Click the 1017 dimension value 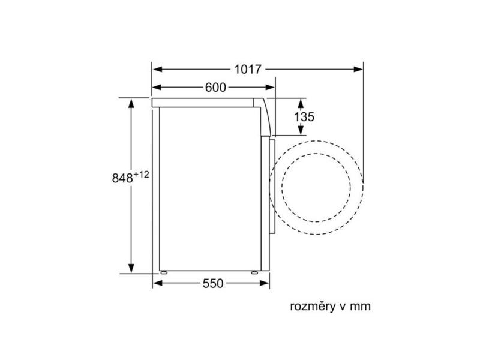coord(248,70)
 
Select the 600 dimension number coord(215,88)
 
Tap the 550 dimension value coord(213,283)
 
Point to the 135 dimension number coord(304,116)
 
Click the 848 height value coord(122,178)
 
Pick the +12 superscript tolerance coord(141,175)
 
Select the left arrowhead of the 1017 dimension coord(157,70)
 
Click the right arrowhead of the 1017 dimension coord(358,70)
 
